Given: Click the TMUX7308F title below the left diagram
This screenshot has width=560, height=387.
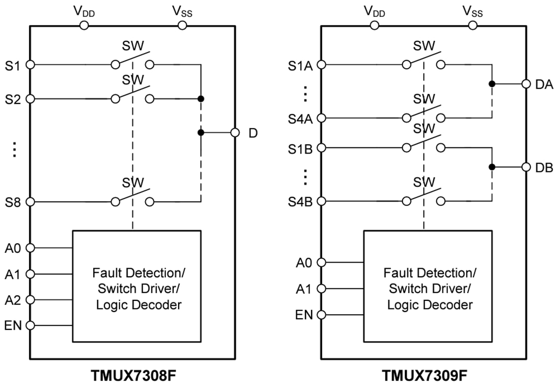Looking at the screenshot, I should click(x=134, y=376).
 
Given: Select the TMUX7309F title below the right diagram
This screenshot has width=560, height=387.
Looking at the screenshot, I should click(x=424, y=376).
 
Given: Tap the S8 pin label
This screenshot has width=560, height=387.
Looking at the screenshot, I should click(x=14, y=202).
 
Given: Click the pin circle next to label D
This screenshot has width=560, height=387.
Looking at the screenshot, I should click(x=235, y=133).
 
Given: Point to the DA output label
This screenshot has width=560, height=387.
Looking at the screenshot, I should click(x=544, y=85).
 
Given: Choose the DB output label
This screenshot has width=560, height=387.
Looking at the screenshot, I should click(x=544, y=168).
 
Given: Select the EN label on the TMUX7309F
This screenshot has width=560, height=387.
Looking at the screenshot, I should click(x=304, y=315).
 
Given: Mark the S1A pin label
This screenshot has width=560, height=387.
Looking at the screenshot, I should click(x=300, y=65).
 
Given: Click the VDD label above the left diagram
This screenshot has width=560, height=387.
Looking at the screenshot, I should click(x=83, y=11).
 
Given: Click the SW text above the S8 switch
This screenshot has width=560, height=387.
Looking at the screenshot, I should click(x=133, y=182).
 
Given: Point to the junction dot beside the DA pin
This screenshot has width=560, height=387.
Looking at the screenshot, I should click(x=492, y=84).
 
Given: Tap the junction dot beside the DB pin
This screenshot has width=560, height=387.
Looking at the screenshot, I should click(x=492, y=167).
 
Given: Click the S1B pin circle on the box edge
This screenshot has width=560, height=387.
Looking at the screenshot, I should click(x=321, y=148).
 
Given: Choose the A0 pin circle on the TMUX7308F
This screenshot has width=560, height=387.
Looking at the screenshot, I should click(x=30, y=248).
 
